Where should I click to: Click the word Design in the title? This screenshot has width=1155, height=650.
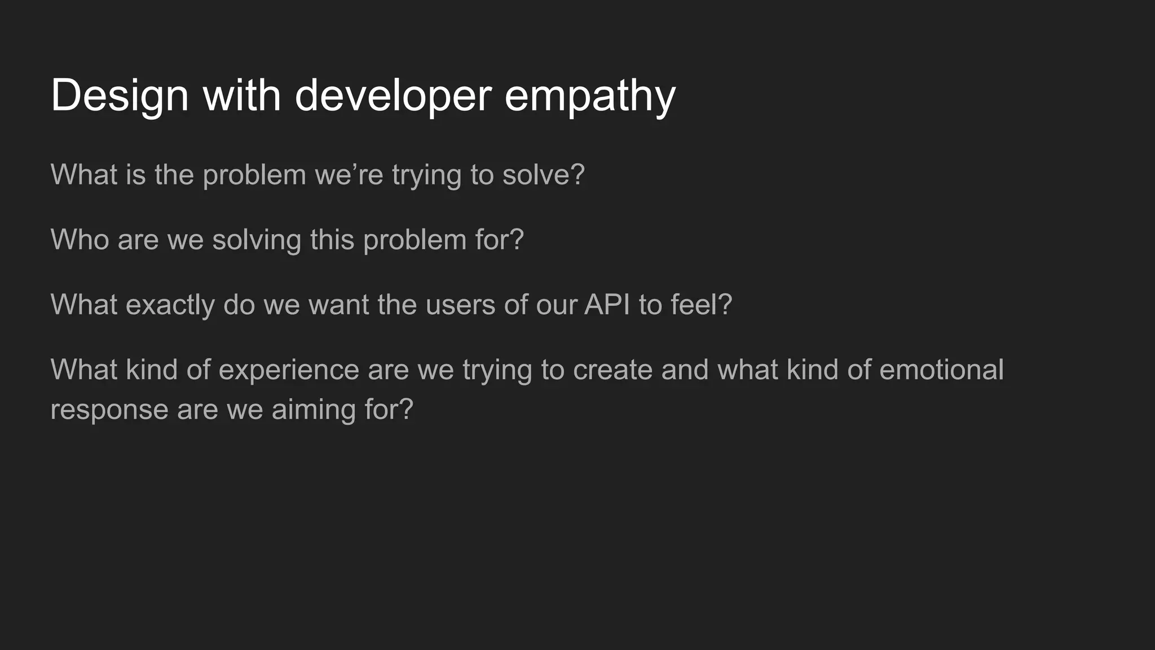pyautogui.click(x=120, y=96)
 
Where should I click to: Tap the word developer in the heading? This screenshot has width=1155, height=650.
pyautogui.click(x=393, y=96)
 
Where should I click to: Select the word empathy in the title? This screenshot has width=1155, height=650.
pyautogui.click(x=589, y=96)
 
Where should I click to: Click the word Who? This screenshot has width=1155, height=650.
pyautogui.click(x=80, y=239)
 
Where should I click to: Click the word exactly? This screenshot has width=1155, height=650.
pyautogui.click(x=170, y=305)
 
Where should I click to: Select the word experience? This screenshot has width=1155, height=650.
pyautogui.click(x=289, y=370)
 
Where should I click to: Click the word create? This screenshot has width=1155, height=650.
pyautogui.click(x=612, y=370)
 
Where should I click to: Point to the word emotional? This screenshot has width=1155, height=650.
pyautogui.click(x=941, y=370)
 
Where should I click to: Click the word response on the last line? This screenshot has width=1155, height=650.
pyautogui.click(x=109, y=410)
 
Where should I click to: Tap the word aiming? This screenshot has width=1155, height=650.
pyautogui.click(x=314, y=410)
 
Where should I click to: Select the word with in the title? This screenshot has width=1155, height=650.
pyautogui.click(x=241, y=96)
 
